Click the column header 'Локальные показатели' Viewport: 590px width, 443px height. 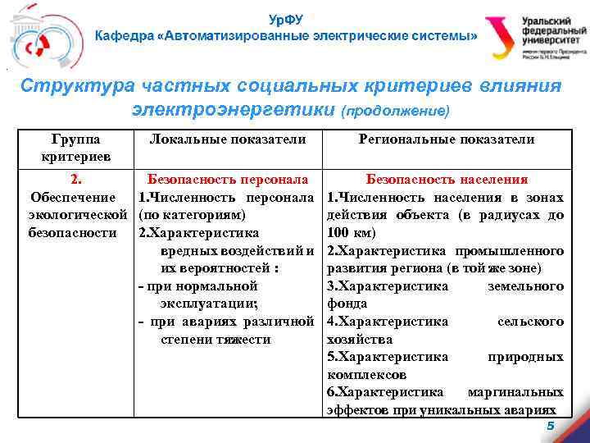click(x=228, y=139)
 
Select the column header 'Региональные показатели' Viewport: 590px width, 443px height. click(x=447, y=139)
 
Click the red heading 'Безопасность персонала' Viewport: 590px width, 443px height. click(x=227, y=179)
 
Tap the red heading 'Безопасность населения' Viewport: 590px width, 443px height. click(x=447, y=179)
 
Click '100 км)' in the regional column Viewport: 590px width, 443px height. click(x=352, y=233)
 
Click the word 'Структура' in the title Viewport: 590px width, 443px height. click(x=66, y=86)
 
